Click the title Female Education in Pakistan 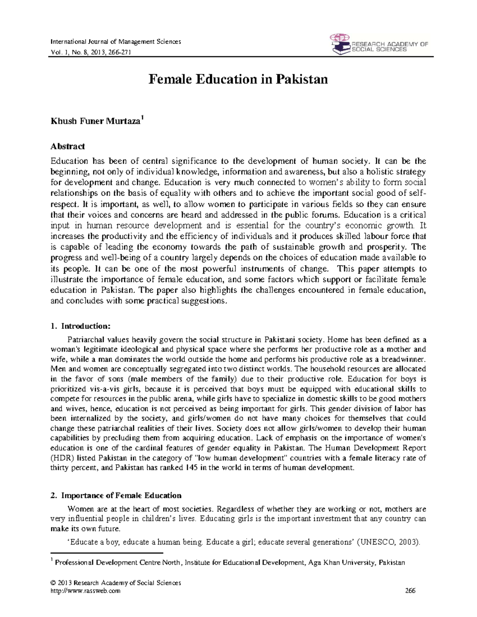click(x=238, y=79)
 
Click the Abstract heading click(x=68, y=146)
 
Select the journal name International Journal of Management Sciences click(x=116, y=42)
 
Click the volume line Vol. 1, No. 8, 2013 click(x=91, y=52)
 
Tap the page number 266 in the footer click(x=410, y=591)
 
